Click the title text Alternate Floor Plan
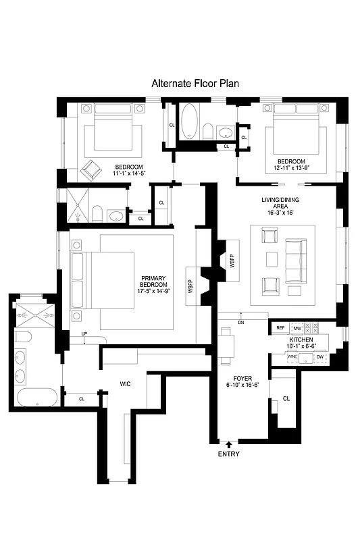195,83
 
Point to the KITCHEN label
301,340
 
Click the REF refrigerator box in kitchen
280,328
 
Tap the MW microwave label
297,328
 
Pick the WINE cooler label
292,356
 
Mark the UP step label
84,333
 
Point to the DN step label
241,323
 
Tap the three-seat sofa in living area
294,261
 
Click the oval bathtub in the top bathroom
190,121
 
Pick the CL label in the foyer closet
286,399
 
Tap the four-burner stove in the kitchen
313,328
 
